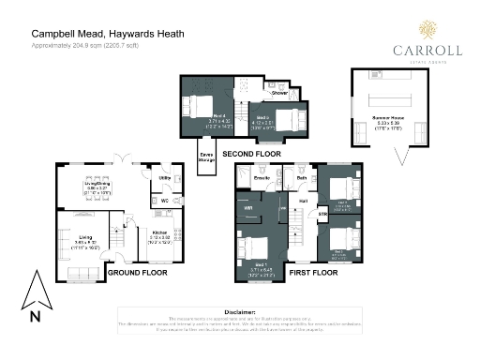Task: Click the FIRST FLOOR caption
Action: pyautogui.click(x=312, y=273)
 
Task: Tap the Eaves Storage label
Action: pyautogui.click(x=206, y=157)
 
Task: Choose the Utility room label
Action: pyautogui.click(x=164, y=176)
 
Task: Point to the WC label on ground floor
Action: pyautogui.click(x=164, y=200)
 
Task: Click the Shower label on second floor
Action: pyautogui.click(x=278, y=94)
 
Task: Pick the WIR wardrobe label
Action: pyautogui.click(x=249, y=209)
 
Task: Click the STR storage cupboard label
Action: pyautogui.click(x=322, y=215)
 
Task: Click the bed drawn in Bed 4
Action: pyautogui.click(x=198, y=106)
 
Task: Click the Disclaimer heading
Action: pyautogui.click(x=240, y=311)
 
